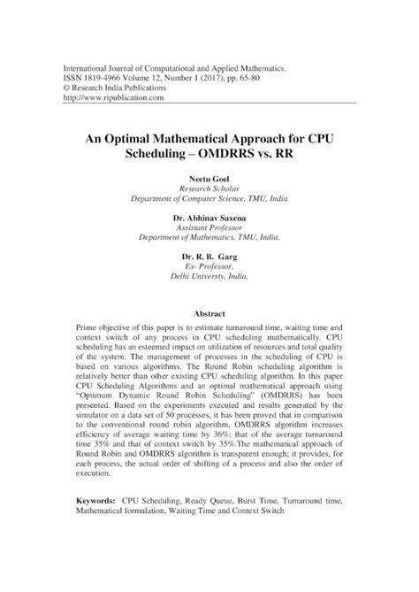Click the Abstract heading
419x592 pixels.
[x=209, y=314]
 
